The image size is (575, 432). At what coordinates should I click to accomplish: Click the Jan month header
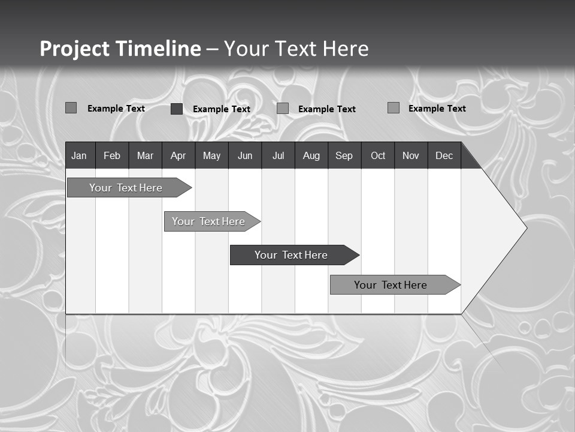pyautogui.click(x=79, y=156)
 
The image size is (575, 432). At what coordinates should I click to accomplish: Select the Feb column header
pyautogui.click(x=112, y=156)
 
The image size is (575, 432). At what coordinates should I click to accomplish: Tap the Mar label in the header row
pyautogui.click(x=145, y=156)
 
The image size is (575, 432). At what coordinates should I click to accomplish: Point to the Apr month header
pyautogui.click(x=178, y=156)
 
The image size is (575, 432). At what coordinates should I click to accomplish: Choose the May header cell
pyautogui.click(x=211, y=156)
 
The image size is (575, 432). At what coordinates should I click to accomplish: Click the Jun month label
pyautogui.click(x=245, y=156)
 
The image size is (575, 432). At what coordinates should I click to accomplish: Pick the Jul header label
pyautogui.click(x=278, y=156)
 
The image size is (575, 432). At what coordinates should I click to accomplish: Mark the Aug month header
pyautogui.click(x=311, y=156)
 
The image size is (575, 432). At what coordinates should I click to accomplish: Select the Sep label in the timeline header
pyautogui.click(x=344, y=156)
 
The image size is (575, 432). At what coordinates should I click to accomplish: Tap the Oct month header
pyautogui.click(x=378, y=156)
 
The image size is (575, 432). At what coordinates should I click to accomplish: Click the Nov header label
pyautogui.click(x=411, y=156)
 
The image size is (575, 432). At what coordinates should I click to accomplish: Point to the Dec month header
pyautogui.click(x=444, y=156)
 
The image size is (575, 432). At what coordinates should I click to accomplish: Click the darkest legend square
pyautogui.click(x=177, y=109)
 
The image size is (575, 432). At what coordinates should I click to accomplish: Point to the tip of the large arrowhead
pyautogui.click(x=526, y=227)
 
